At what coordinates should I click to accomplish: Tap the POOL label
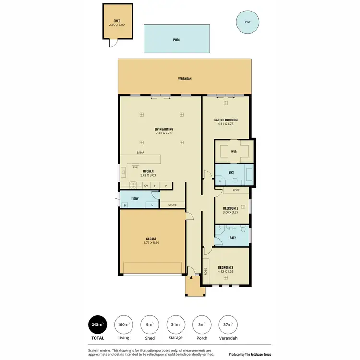pos(177,40)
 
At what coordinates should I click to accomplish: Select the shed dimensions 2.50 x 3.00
pos(117,24)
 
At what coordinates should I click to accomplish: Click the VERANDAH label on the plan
pos(185,78)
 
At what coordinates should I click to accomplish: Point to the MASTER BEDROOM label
pos(226,120)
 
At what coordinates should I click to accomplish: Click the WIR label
pos(234,152)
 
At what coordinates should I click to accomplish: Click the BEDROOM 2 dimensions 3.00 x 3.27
pos(230,212)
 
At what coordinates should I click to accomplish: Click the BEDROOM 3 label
pos(226,267)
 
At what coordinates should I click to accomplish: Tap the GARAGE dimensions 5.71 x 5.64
pos(152,243)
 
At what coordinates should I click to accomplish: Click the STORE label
pos(172,205)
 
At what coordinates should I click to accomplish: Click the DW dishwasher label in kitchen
pos(136,168)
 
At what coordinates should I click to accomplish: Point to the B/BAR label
pos(141,153)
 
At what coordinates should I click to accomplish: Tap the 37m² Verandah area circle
pos(228,325)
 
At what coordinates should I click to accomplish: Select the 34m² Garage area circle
pos(176,325)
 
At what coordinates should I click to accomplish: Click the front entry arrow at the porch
pos(191,277)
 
